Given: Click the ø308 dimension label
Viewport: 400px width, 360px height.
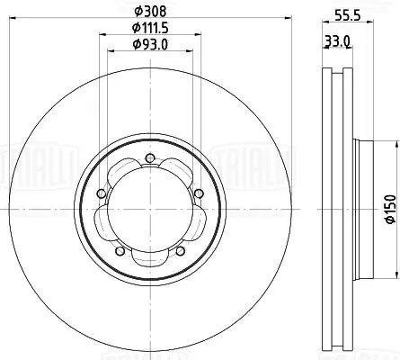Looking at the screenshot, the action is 150,12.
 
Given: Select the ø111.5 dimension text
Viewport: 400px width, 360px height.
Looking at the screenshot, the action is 150,28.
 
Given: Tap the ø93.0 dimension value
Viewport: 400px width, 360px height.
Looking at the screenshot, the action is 150,45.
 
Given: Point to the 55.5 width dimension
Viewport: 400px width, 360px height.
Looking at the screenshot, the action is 348,15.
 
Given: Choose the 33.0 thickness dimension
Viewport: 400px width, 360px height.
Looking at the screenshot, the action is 338,41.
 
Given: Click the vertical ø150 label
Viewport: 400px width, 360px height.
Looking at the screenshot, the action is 390,209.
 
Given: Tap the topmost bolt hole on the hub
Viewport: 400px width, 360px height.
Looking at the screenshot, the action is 149,157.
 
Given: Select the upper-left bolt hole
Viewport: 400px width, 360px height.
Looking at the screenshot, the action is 102,193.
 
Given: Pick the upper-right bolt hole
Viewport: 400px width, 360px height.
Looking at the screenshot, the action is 199,193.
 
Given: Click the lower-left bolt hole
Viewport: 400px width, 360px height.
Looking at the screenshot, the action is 120,251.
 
